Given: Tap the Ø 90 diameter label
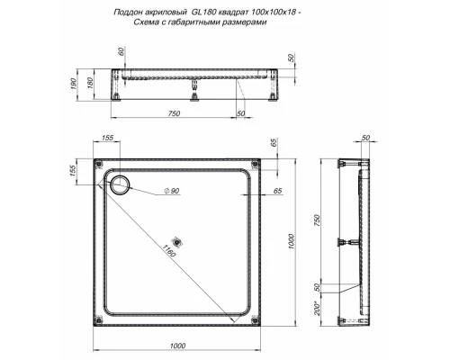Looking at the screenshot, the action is click(172, 191).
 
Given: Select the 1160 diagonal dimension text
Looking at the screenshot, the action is click(169, 250).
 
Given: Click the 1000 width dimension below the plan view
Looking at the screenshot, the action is click(177, 346).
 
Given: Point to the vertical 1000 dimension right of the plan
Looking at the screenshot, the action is click(291, 242).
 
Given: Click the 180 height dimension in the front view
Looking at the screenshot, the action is click(90, 83).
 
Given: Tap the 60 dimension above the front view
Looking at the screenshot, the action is click(121, 51).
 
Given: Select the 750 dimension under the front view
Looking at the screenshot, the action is click(174, 113).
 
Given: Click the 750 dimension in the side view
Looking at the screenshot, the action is click(317, 220).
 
